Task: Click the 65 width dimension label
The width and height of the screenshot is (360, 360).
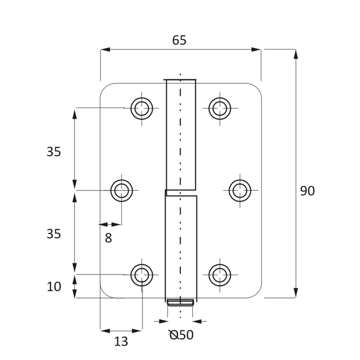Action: pyautogui.click(x=179, y=40)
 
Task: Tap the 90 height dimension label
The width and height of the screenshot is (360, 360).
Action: pyautogui.click(x=307, y=191)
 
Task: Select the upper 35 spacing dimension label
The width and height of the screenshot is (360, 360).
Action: pyautogui.click(x=54, y=152)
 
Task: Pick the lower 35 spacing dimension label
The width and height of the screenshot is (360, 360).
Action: pyautogui.click(x=54, y=234)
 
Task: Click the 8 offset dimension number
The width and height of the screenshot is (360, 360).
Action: pyautogui.click(x=108, y=238)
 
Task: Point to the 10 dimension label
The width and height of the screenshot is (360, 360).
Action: pyautogui.click(x=54, y=286)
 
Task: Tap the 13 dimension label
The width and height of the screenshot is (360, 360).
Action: pyautogui.click(x=121, y=342)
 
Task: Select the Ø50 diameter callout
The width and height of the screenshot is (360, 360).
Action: pyautogui.click(x=181, y=335)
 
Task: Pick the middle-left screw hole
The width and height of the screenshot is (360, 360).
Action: pyautogui.click(x=122, y=190)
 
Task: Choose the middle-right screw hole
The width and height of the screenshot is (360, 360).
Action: pyautogui.click(x=240, y=190)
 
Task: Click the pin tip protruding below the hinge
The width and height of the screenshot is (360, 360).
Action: pyautogui.click(x=180, y=302)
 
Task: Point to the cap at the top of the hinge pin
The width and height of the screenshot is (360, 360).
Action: pyautogui.click(x=180, y=81)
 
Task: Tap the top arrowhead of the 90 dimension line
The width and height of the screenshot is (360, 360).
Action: pyautogui.click(x=296, y=54)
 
